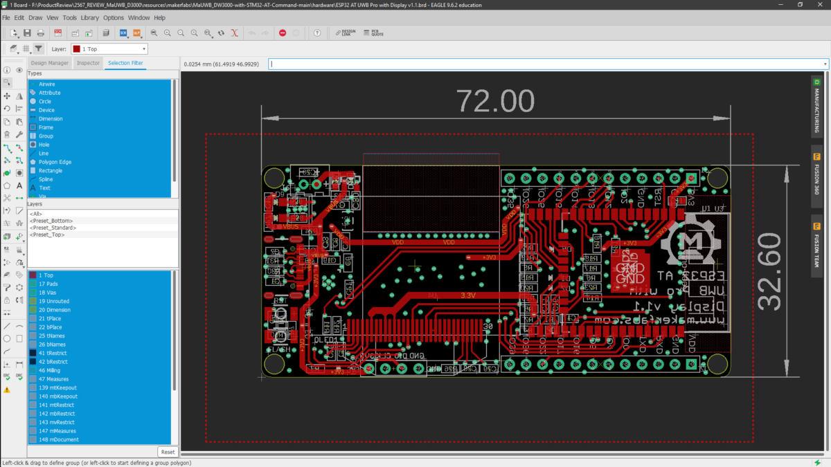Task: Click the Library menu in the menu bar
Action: [x=89, y=17]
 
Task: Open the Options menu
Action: [x=114, y=17]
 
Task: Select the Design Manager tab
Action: [x=49, y=63]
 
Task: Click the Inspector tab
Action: [x=88, y=63]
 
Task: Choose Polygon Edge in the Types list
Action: [x=55, y=162]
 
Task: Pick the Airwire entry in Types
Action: [x=47, y=84]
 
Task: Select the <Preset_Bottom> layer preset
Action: [x=52, y=221]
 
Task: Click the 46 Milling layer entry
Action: [x=49, y=370]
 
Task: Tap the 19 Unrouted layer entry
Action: [x=53, y=301]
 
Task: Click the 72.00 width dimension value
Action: [x=495, y=101]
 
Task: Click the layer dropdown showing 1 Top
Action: [x=109, y=49]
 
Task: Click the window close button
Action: [x=820, y=5]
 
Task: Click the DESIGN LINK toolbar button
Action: [x=346, y=33]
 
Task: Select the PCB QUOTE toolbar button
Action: [x=374, y=33]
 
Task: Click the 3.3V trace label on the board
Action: [x=469, y=295]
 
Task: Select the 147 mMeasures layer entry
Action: [x=57, y=430]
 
